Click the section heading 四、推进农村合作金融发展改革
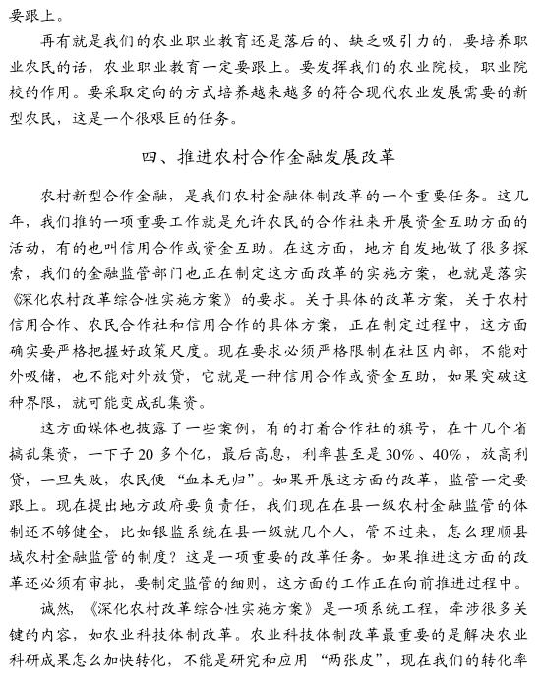(x=269, y=156)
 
